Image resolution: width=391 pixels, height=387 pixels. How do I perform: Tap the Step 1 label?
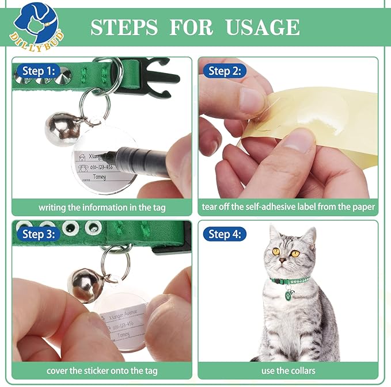[39, 71]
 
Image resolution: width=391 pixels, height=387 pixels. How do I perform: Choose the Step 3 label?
[39, 234]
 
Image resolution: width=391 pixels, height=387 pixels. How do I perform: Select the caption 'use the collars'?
[288, 371]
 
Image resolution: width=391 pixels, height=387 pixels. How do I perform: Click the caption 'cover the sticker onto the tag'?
[102, 371]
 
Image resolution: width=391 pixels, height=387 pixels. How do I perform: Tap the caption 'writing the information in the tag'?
[102, 207]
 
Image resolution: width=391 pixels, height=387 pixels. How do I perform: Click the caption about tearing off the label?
[288, 207]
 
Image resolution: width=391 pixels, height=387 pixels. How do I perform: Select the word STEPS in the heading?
[124, 27]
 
